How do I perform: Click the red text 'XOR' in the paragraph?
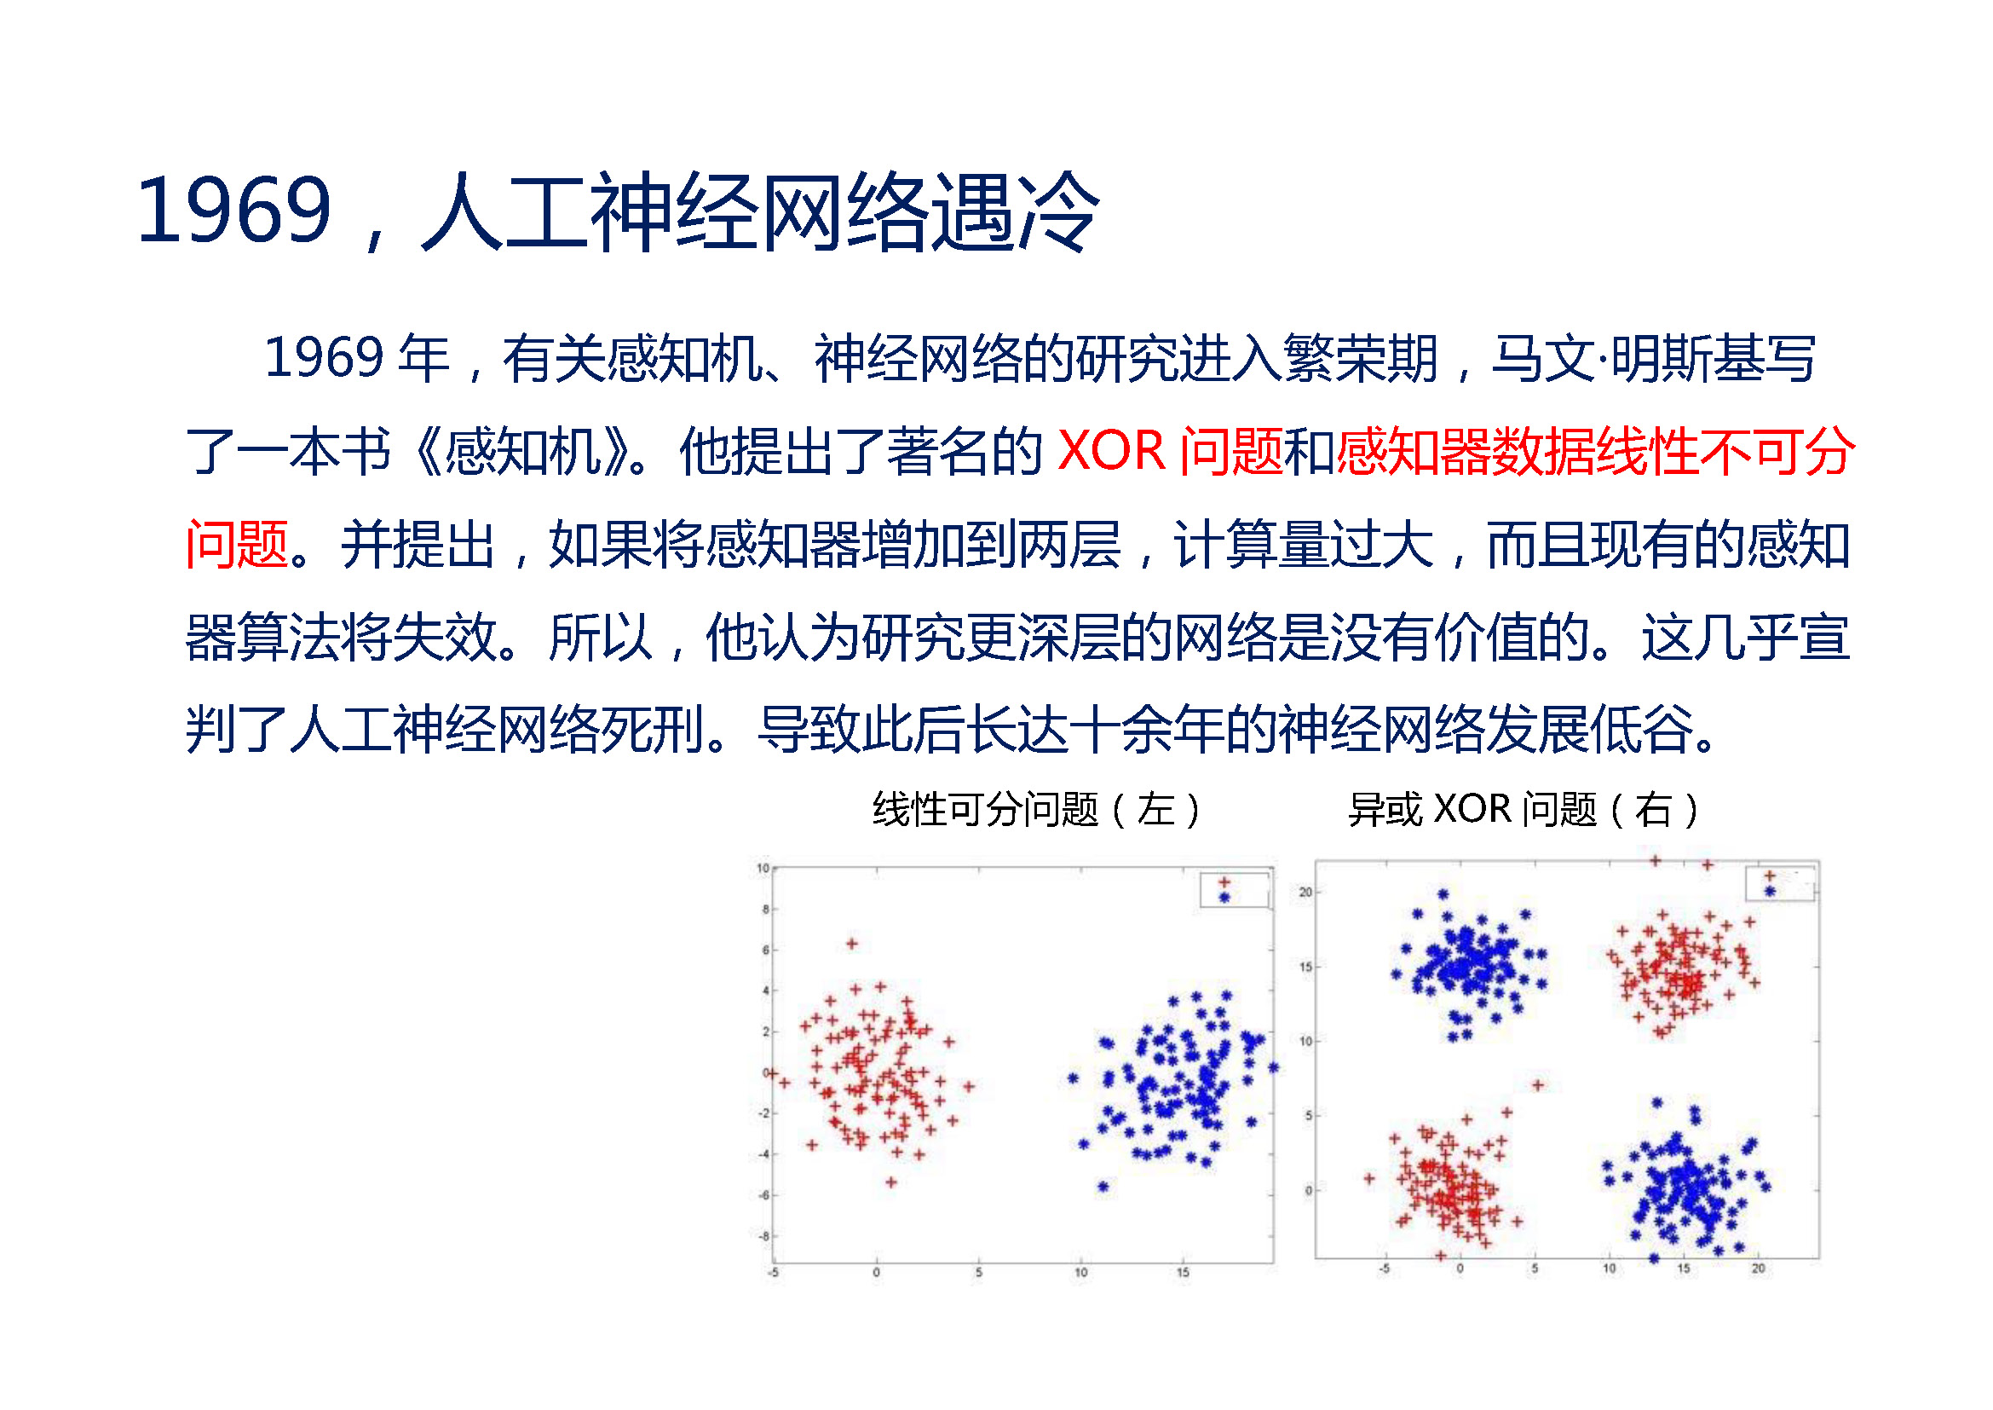pos(1111,451)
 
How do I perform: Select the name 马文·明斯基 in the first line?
pos(1653,358)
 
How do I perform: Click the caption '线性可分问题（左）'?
pos(1037,809)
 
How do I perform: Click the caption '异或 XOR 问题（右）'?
pos(1523,809)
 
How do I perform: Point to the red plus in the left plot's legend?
pos(1224,882)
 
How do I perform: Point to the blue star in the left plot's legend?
pos(1224,897)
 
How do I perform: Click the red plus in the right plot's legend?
pos(1770,876)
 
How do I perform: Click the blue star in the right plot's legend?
pos(1770,891)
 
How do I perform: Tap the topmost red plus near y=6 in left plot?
pos(851,943)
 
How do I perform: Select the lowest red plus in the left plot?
pos(890,1182)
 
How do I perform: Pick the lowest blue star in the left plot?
pos(1103,1186)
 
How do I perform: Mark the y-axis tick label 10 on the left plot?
pos(762,867)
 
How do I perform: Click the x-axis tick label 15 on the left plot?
pos(1183,1273)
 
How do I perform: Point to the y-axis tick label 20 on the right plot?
pos(1305,892)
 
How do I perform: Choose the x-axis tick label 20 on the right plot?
pos(1758,1268)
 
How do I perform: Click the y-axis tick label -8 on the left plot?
pos(763,1236)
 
